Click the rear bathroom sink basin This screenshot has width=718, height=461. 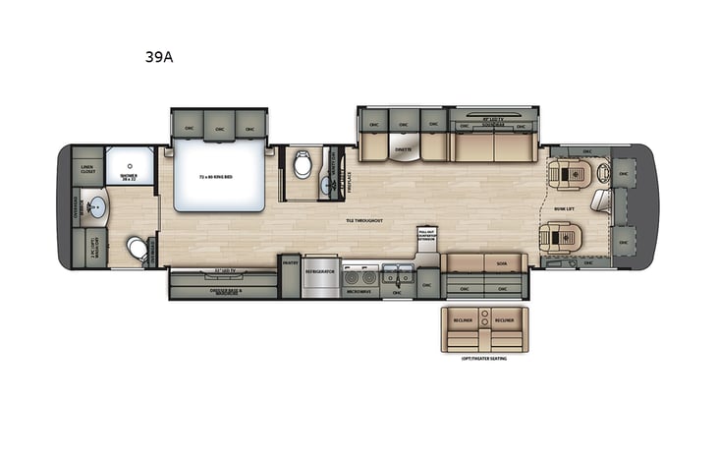97,207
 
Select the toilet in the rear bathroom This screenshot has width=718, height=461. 138,248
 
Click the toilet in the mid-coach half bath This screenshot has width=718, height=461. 302,164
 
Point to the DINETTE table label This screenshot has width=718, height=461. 403,149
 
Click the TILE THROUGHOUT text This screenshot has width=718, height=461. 363,220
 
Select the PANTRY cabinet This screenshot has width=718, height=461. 290,262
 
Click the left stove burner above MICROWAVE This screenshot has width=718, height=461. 352,278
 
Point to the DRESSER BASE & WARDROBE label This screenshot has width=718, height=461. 226,291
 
